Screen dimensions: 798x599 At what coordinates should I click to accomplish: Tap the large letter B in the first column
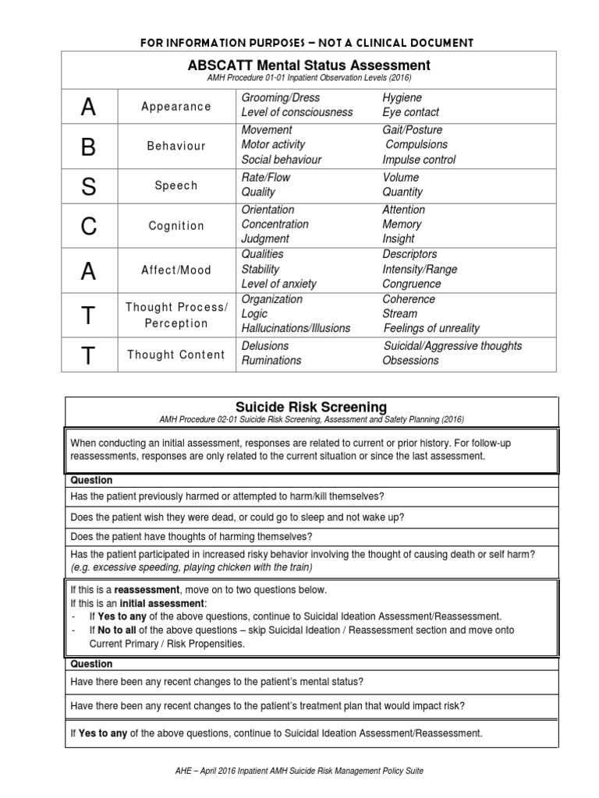(x=89, y=146)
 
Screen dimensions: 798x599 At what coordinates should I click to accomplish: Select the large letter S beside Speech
(x=89, y=186)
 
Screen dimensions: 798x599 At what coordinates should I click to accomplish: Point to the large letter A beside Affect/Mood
(x=89, y=270)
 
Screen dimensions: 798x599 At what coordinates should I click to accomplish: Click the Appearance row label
(x=176, y=106)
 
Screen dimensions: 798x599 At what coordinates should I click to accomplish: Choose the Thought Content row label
(x=176, y=355)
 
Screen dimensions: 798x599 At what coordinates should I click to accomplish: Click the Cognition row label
(x=176, y=226)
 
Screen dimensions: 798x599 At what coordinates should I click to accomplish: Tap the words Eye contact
(x=410, y=112)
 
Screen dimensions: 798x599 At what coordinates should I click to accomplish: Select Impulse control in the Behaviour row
(x=419, y=160)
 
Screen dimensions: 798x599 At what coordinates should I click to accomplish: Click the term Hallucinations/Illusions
(x=296, y=328)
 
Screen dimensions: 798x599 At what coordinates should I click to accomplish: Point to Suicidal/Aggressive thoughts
(x=452, y=345)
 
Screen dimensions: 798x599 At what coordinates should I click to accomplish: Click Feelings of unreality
(x=431, y=328)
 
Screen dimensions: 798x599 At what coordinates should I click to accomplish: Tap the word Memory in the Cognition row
(x=402, y=224)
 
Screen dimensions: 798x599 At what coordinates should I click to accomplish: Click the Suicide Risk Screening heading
(x=310, y=407)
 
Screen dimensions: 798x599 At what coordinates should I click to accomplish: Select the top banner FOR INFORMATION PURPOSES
(x=306, y=41)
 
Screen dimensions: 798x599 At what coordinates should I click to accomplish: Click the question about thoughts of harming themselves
(x=191, y=536)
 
